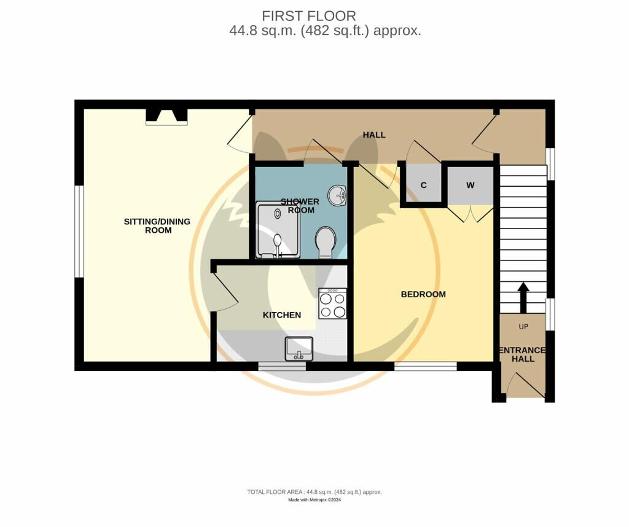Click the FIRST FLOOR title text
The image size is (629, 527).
[309, 16]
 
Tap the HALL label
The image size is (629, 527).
[373, 135]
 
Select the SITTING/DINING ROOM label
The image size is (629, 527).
[157, 225]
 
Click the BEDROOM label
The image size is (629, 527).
[423, 294]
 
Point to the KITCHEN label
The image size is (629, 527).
[282, 315]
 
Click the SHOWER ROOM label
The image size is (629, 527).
[300, 206]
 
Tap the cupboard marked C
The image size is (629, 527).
[423, 185]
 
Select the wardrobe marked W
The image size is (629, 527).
[470, 185]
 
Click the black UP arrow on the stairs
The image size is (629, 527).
[523, 297]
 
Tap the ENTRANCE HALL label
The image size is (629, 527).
[523, 354]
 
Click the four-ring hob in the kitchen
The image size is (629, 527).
[332, 303]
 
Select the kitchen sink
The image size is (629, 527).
[299, 349]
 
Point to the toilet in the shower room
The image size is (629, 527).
[325, 243]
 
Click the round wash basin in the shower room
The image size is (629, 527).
[338, 197]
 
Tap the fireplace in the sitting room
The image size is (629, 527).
[166, 117]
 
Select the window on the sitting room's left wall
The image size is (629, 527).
[79, 231]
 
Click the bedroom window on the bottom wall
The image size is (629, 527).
[425, 367]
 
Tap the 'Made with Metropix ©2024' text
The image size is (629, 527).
[314, 500]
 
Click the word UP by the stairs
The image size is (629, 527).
[523, 326]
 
